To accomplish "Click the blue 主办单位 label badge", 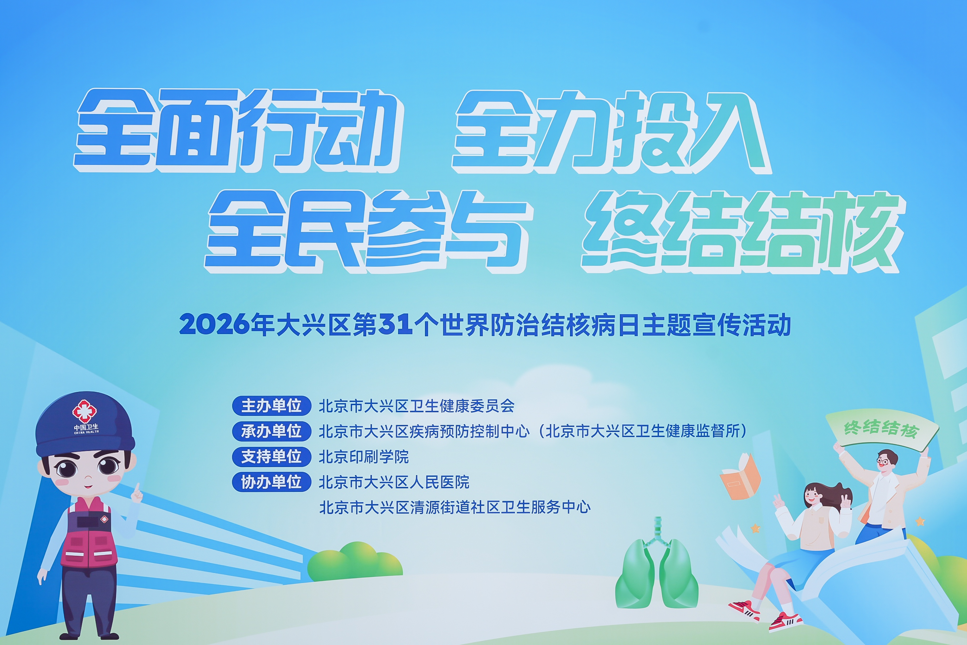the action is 271,406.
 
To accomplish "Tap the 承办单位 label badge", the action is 271,431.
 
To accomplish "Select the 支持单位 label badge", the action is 271,457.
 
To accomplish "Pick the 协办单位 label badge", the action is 271,482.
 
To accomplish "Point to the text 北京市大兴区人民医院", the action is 394,482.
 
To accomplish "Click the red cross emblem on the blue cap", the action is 84,411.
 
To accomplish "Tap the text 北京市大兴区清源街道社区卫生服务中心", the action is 455,507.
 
